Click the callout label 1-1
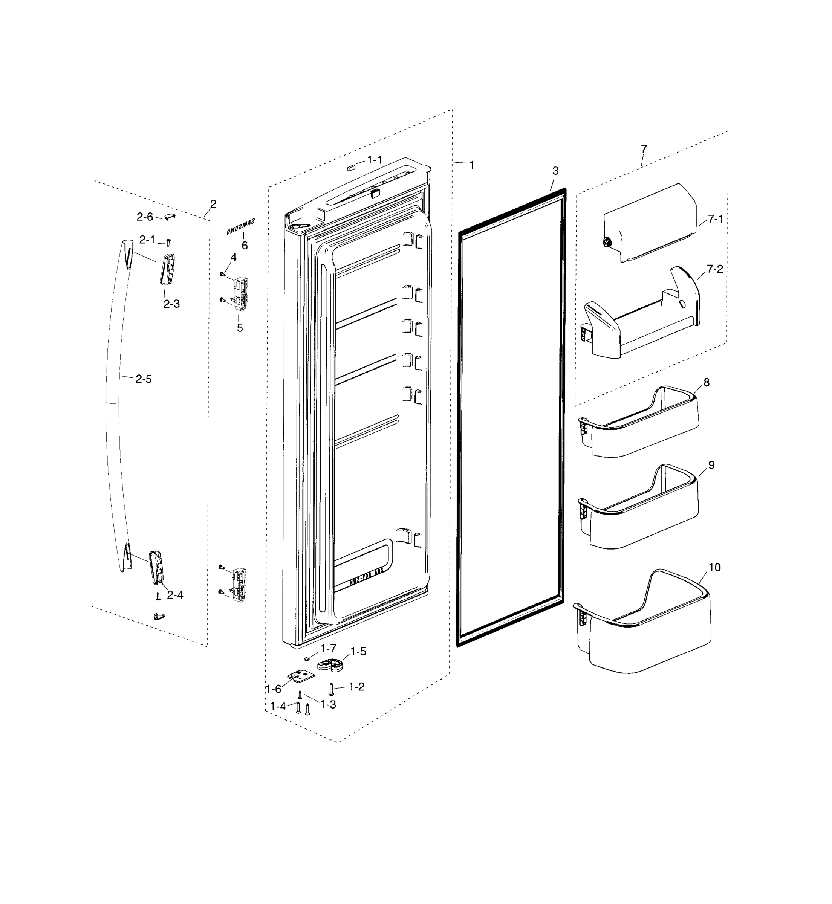tap(375, 160)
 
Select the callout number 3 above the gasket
tap(555, 171)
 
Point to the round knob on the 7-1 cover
tap(606, 243)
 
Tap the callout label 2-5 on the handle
tap(144, 379)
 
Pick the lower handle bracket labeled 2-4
tap(155, 567)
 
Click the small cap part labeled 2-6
tap(169, 217)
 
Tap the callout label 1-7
tap(328, 648)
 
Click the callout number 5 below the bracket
tap(240, 328)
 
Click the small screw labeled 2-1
tap(168, 243)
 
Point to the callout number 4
tap(233, 257)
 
